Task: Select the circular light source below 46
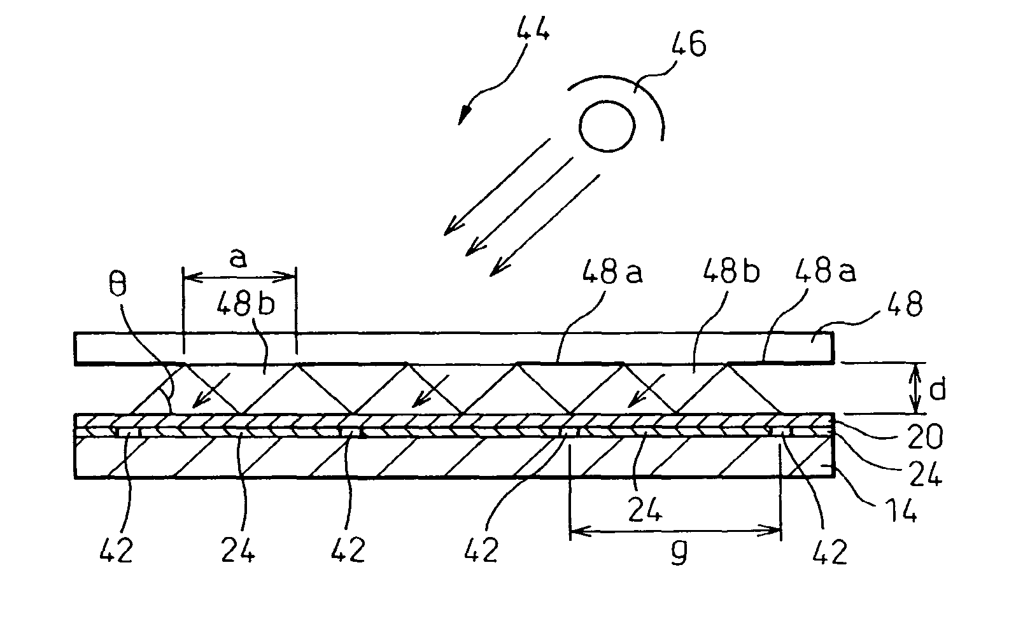(x=607, y=127)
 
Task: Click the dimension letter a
(x=238, y=259)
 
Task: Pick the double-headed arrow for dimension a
(x=239, y=277)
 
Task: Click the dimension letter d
(x=938, y=389)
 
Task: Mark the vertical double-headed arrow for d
(x=915, y=387)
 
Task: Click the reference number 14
(x=900, y=510)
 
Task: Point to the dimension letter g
(x=679, y=555)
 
